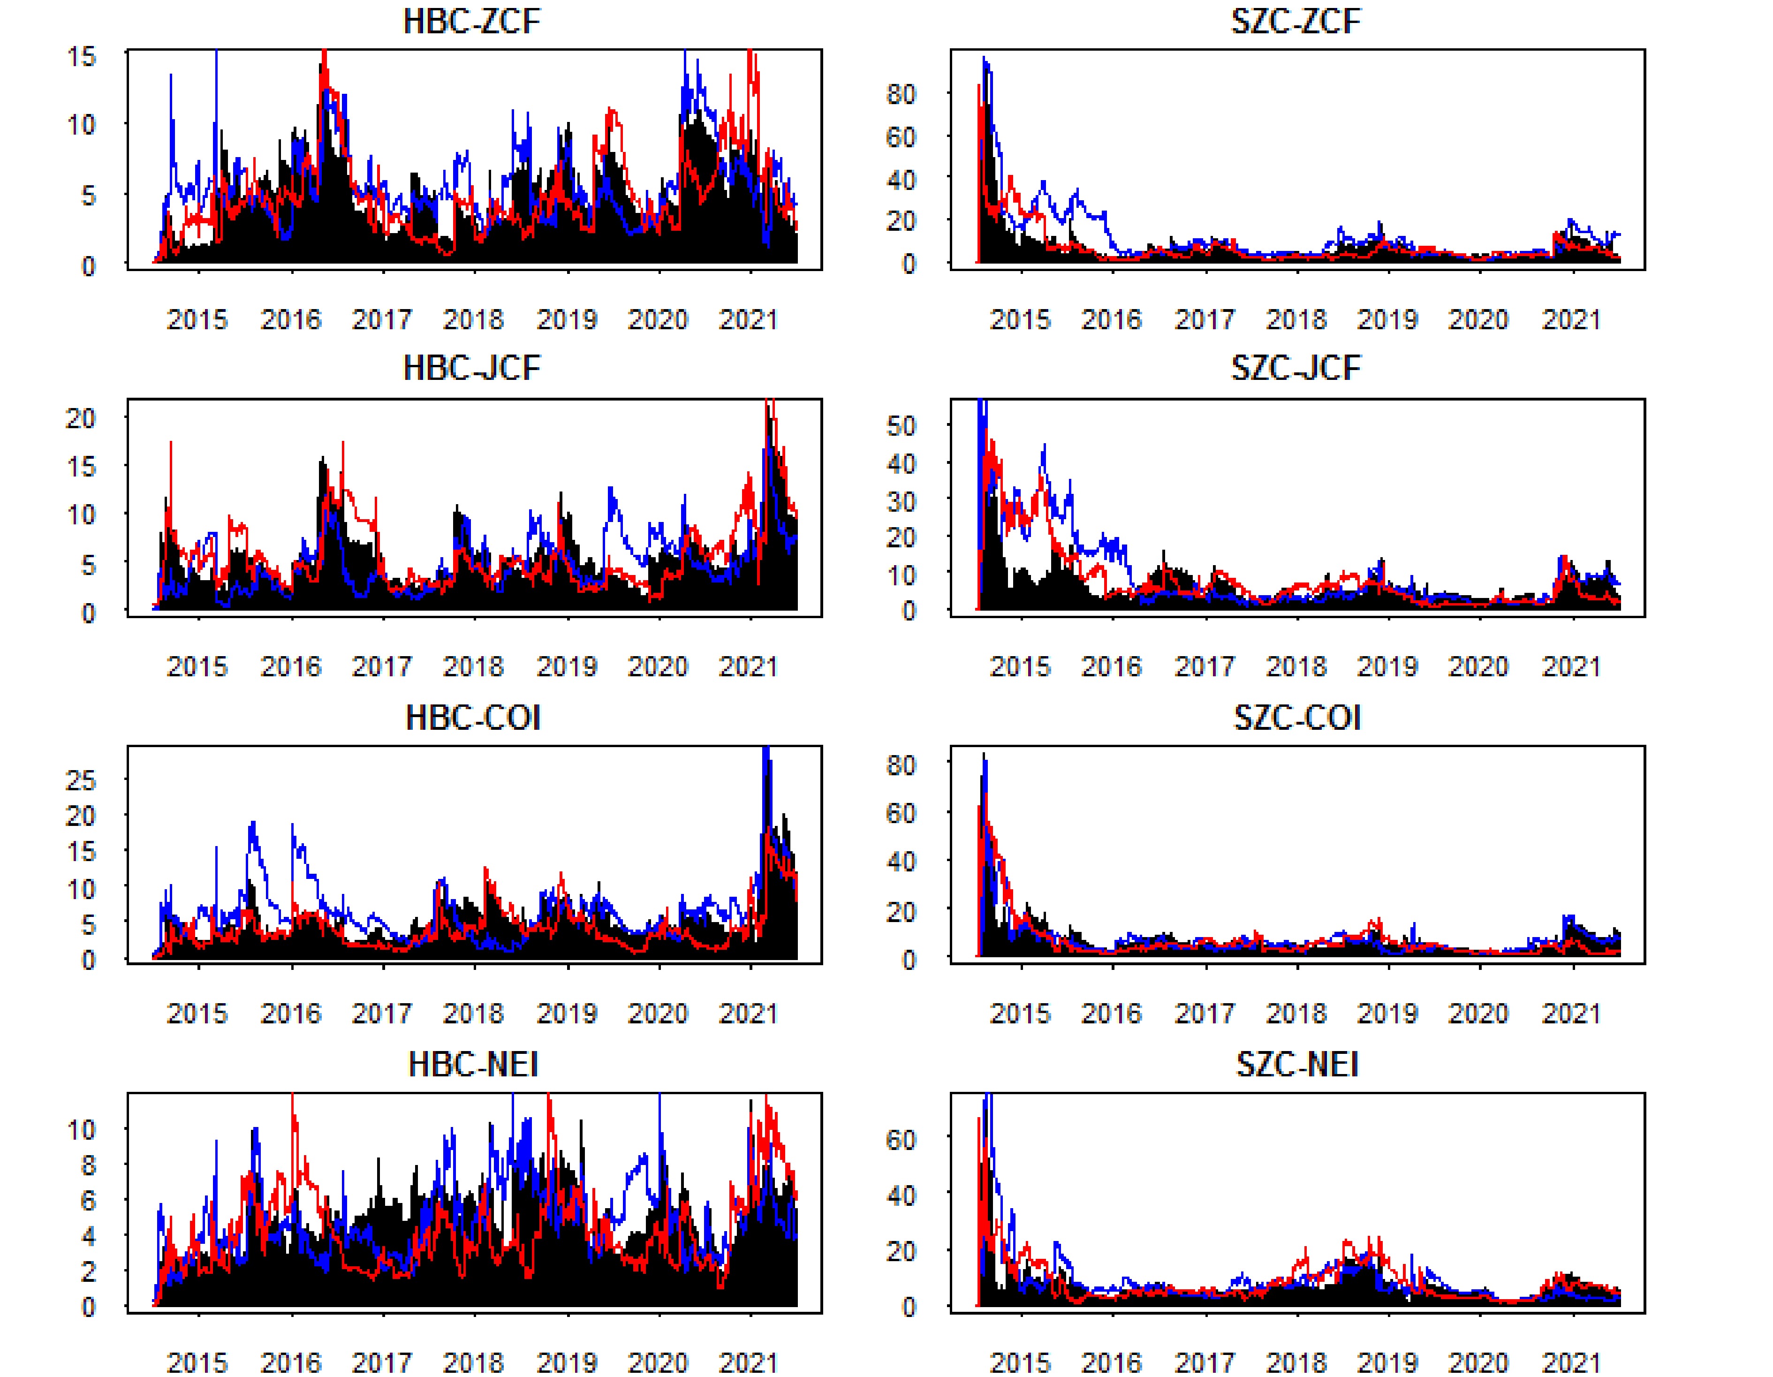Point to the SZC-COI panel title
tap(1296, 718)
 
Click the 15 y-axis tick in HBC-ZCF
tap(81, 57)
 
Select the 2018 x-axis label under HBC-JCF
tap(473, 666)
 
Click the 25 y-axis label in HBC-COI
tap(81, 781)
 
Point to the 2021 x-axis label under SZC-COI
tap(1571, 1013)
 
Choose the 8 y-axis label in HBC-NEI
tap(88, 1166)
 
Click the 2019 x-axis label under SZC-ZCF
tap(1387, 319)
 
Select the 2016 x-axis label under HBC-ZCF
tap(291, 319)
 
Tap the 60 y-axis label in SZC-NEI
tap(901, 1140)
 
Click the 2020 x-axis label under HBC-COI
tap(658, 1013)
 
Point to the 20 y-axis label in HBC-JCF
tap(81, 418)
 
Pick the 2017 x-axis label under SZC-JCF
tap(1205, 666)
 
